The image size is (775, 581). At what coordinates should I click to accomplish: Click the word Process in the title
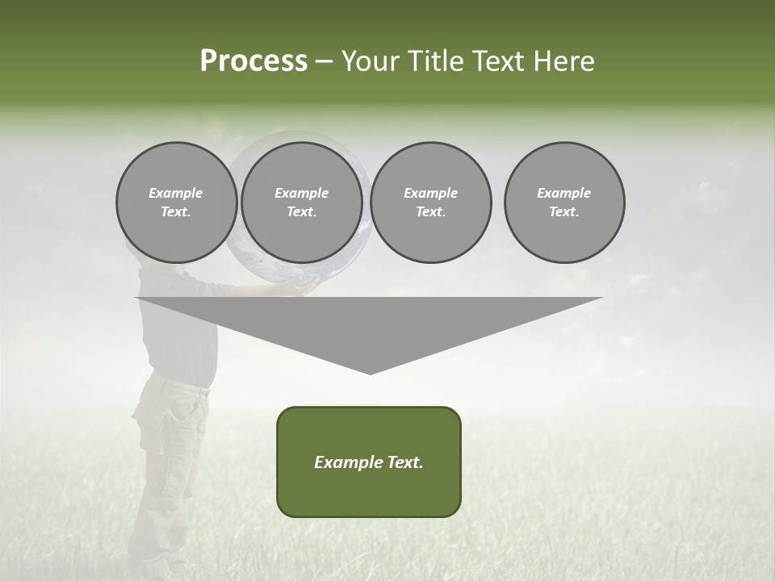[253, 61]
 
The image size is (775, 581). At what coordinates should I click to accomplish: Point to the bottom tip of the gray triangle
[370, 372]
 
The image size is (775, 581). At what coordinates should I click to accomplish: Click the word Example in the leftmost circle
[176, 193]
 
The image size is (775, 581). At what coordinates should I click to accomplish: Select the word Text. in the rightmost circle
[563, 211]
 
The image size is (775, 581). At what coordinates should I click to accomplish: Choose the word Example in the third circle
[430, 193]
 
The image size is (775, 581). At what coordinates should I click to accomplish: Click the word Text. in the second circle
[301, 211]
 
